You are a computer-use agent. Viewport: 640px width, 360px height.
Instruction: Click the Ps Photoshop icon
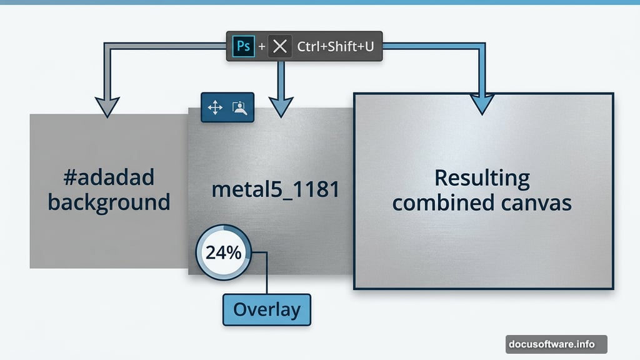point(244,47)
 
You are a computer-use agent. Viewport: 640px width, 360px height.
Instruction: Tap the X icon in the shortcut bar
point(280,47)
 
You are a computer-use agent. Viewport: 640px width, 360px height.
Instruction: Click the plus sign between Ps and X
point(262,47)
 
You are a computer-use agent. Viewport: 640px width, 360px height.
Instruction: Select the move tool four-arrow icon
point(215,108)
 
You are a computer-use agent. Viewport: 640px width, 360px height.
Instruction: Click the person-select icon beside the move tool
point(240,108)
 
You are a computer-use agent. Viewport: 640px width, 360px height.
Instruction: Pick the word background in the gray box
point(109,202)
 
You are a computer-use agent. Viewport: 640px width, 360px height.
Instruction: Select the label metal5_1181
point(275,189)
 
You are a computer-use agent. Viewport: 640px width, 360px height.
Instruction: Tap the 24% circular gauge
point(223,254)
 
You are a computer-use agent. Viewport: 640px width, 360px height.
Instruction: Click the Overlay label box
point(267,309)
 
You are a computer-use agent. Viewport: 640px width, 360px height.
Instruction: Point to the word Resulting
point(482,179)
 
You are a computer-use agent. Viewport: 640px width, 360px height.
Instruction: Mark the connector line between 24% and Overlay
point(267,275)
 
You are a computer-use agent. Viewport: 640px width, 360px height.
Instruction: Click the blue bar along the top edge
point(320,2)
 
